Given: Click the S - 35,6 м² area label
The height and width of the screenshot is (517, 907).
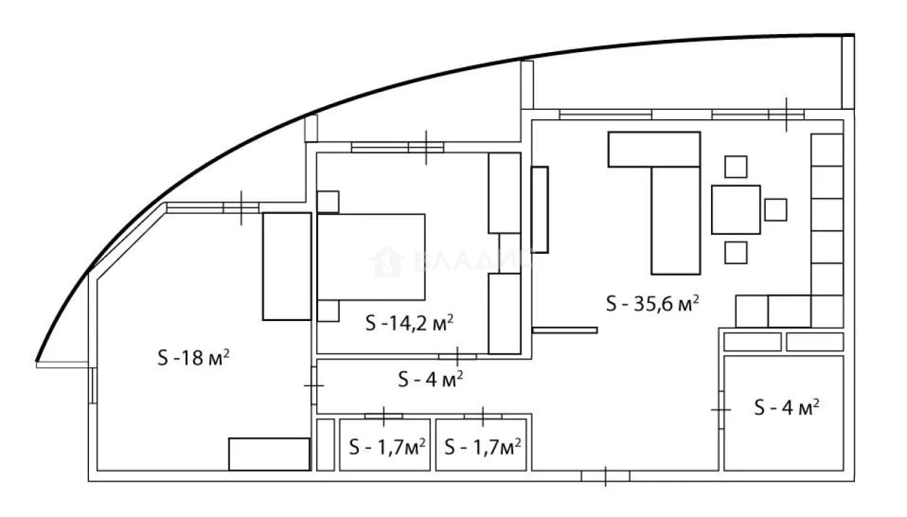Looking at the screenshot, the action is point(652,304).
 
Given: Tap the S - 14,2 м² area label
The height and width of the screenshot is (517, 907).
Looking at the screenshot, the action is point(409,322).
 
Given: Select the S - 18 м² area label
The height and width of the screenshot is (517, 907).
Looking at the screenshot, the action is point(194,357).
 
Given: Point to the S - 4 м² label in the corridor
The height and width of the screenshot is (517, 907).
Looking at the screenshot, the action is point(430,379).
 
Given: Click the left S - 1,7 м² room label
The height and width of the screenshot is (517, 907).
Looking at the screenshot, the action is point(387,447).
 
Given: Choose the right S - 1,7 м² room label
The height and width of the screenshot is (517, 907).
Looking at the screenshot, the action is point(482,447).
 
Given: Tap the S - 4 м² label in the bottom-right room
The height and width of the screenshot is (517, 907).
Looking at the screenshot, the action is point(787,407).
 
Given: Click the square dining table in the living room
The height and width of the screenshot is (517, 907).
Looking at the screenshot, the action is point(736,210).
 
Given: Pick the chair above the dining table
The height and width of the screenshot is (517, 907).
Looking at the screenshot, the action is point(736,167).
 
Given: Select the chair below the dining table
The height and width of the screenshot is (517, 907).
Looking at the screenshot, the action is point(736,252).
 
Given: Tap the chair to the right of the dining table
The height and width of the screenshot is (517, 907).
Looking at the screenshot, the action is point(775,210).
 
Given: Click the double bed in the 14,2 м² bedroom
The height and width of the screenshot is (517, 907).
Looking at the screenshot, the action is point(371,257).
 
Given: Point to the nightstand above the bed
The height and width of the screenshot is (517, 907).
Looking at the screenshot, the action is point(328,202).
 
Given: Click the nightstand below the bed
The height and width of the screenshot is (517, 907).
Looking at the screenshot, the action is point(328,311).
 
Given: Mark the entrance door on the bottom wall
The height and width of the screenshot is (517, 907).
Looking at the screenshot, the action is point(605,476).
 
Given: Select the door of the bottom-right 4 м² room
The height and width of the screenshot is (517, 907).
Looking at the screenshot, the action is point(720,410).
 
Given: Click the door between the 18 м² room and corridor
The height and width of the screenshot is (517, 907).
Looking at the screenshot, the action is point(314,385).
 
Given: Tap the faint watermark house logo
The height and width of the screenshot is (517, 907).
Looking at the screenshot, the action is point(387,262).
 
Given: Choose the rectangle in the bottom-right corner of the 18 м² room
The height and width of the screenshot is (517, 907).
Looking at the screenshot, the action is point(269,454).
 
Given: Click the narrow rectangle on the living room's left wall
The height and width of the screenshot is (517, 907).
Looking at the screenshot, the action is point(540,210).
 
